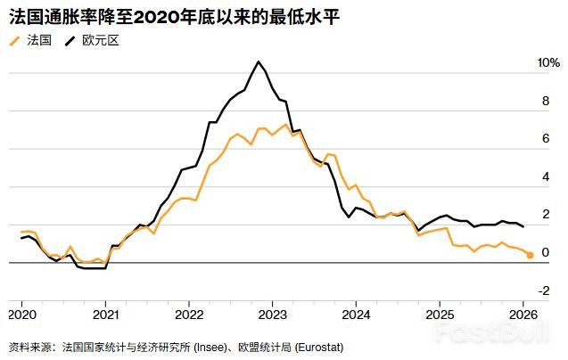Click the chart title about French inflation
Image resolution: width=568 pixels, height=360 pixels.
174,17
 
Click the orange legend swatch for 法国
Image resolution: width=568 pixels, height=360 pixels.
14,41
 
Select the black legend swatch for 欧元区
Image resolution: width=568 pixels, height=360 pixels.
70,41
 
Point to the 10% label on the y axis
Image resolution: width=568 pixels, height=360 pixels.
548,62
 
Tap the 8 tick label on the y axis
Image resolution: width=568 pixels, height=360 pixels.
546,101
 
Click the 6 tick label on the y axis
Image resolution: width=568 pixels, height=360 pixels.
546,138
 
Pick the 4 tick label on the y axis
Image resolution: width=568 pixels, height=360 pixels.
546,176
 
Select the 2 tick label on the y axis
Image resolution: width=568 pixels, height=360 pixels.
546,215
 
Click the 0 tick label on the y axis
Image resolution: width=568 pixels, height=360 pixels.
546,252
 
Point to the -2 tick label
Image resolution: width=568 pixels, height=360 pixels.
544,290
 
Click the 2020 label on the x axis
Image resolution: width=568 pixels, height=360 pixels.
22,315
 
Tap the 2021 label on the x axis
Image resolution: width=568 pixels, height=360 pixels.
106,315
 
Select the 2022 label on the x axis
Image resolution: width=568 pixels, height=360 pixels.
189,315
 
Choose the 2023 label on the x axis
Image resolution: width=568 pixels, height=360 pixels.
273,315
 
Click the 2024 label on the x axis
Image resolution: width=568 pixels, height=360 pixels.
356,315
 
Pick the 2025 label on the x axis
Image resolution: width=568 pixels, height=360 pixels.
440,315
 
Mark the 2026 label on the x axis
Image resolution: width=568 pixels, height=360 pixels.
523,315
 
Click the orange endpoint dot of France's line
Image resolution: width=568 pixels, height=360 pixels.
530,256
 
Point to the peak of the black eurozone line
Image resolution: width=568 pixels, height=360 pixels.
259,61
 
